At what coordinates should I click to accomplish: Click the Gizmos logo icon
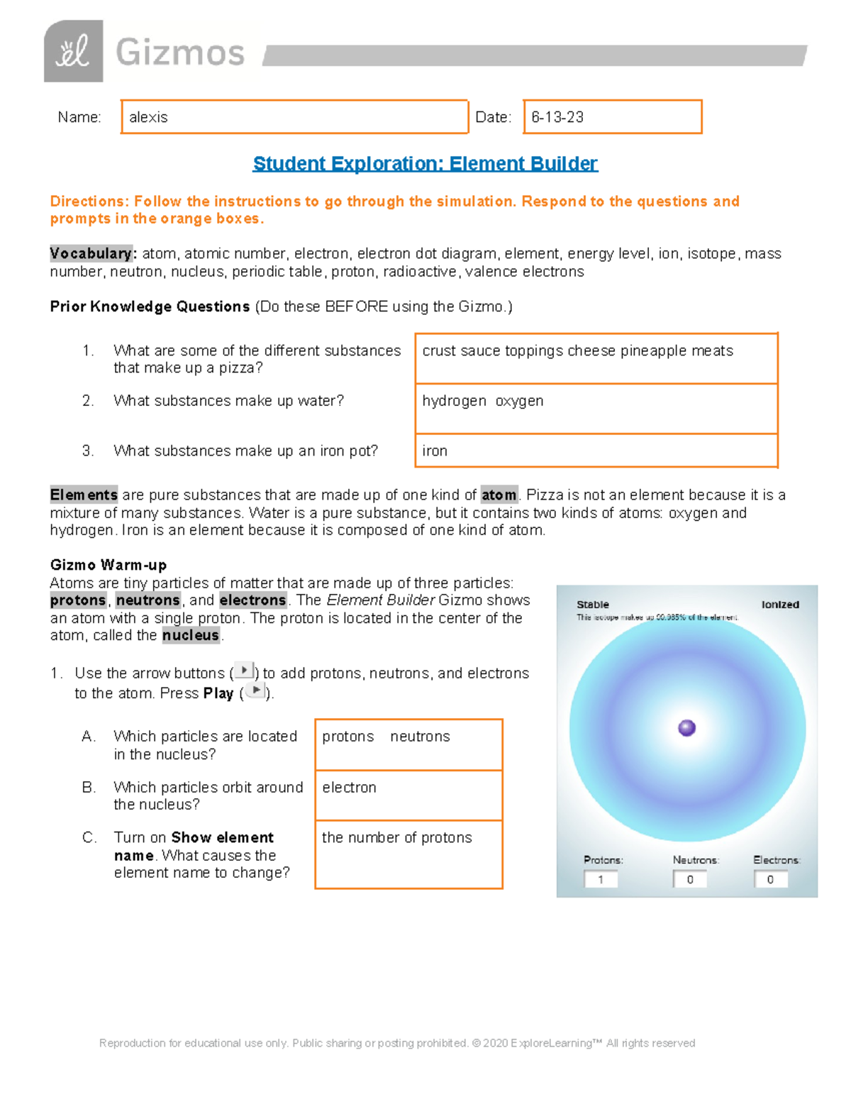pos(73,52)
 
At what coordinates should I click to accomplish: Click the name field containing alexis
pos(294,117)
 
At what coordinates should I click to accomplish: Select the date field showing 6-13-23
pos(613,117)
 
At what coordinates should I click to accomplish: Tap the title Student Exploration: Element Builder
pos(425,164)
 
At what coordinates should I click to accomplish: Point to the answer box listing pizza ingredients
pos(596,358)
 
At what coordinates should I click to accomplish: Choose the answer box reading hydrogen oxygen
pos(596,409)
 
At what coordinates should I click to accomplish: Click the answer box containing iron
pos(596,451)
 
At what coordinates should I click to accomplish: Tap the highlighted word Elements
pos(84,495)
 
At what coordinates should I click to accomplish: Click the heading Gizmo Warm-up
pos(109,565)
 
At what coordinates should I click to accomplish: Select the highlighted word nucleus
pos(191,635)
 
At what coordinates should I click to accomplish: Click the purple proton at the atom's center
pos(686,728)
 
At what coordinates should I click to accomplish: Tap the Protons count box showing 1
pos(601,879)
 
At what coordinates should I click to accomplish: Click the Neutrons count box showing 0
pos(689,879)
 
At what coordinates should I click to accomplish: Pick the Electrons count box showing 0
pos(770,879)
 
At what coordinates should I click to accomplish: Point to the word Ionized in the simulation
pos(780,605)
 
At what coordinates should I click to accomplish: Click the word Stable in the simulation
pos(593,605)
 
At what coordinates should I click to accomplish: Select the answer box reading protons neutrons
pos(408,744)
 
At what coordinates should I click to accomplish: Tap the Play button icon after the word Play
pos(255,691)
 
